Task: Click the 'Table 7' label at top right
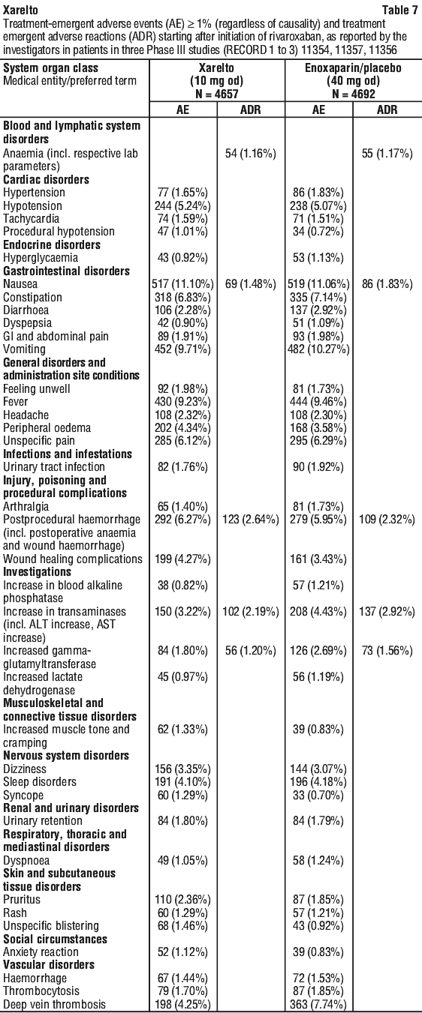399,10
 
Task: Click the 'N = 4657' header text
217,94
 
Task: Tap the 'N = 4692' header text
353,94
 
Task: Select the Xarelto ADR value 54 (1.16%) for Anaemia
250,153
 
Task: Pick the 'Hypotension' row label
32,205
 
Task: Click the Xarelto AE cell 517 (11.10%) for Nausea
182,284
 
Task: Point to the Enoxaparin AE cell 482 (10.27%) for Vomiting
319,349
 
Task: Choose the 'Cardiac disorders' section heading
47,179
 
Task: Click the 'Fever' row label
16,402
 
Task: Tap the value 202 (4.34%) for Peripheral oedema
182,428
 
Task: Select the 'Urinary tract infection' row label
54,466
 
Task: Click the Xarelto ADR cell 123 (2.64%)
250,519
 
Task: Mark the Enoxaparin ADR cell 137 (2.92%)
387,611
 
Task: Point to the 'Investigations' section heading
37,571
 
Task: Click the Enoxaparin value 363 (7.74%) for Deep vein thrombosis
319,1005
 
